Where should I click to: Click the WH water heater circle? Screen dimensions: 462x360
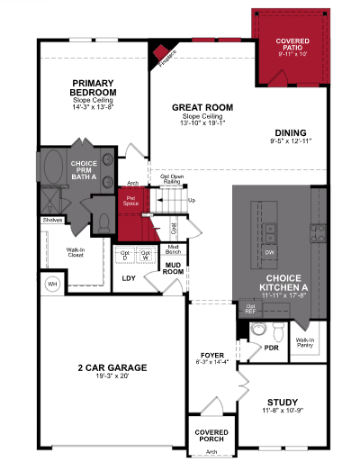pos(52,285)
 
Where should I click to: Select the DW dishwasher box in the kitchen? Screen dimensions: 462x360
pos(269,252)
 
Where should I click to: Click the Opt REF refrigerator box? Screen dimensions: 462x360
pos(249,310)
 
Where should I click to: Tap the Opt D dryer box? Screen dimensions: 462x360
pos(125,255)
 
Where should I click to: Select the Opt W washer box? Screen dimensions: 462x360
pos(146,255)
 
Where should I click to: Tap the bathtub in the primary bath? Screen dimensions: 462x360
pos(48,168)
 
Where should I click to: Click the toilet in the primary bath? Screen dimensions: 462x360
pos(101,222)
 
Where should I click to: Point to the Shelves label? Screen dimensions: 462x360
pos(51,219)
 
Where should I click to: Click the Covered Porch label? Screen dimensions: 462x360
pos(211,436)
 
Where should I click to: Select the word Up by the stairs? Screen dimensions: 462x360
pos(191,200)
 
